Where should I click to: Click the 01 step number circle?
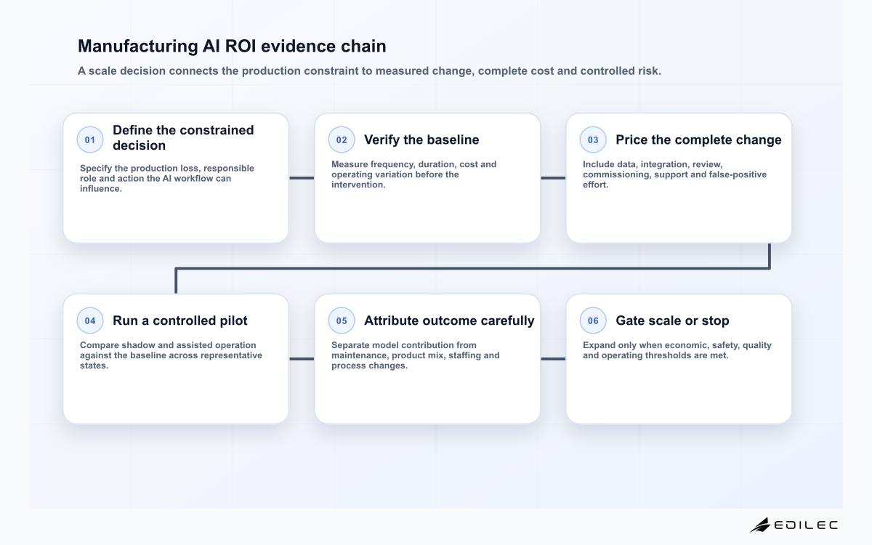(x=90, y=140)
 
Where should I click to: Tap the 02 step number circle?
(x=342, y=140)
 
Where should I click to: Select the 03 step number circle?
(x=593, y=140)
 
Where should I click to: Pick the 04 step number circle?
(x=90, y=320)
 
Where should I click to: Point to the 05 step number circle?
(x=342, y=320)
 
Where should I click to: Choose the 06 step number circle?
(x=593, y=320)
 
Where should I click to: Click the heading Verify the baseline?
(x=421, y=140)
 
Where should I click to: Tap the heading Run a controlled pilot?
(x=180, y=320)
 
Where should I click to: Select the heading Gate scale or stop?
(x=672, y=320)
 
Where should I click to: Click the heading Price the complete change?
(x=698, y=140)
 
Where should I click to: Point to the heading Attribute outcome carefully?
(x=449, y=320)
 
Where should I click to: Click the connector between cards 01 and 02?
(x=302, y=178)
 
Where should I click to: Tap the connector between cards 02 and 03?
(x=553, y=178)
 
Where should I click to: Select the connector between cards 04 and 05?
(x=302, y=359)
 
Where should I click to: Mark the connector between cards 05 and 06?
(x=553, y=359)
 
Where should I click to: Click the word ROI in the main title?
(x=241, y=46)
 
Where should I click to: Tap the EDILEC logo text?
(x=806, y=525)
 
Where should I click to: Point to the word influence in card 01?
(x=101, y=188)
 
